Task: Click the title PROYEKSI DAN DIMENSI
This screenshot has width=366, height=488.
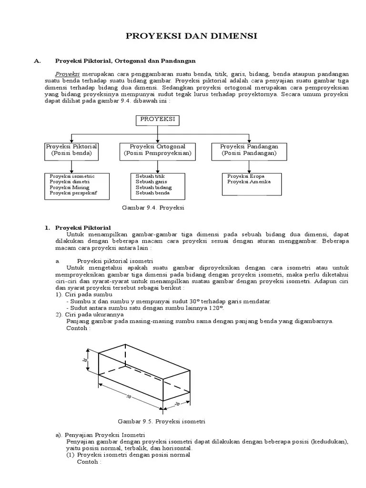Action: pyautogui.click(x=191, y=36)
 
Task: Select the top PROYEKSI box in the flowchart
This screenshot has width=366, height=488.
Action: pyautogui.click(x=158, y=119)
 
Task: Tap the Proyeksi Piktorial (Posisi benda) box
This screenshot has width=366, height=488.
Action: pyautogui.click(x=71, y=150)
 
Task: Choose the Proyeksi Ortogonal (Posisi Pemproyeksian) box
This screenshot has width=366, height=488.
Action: pyautogui.click(x=158, y=150)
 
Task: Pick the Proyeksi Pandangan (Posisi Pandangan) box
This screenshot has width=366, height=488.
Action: pyautogui.click(x=249, y=150)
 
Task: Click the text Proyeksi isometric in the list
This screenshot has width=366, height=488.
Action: pyautogui.click(x=72, y=176)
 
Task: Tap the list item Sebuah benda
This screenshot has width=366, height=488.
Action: pyautogui.click(x=152, y=193)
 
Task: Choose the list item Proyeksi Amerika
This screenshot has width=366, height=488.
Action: pyautogui.click(x=249, y=182)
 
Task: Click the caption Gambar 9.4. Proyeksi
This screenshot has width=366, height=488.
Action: pyautogui.click(x=153, y=208)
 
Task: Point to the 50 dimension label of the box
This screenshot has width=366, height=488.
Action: pyautogui.click(x=129, y=396)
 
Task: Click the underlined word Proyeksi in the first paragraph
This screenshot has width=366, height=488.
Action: pyautogui.click(x=68, y=74)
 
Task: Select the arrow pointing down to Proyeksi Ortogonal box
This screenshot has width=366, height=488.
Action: pyautogui.click(x=158, y=138)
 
